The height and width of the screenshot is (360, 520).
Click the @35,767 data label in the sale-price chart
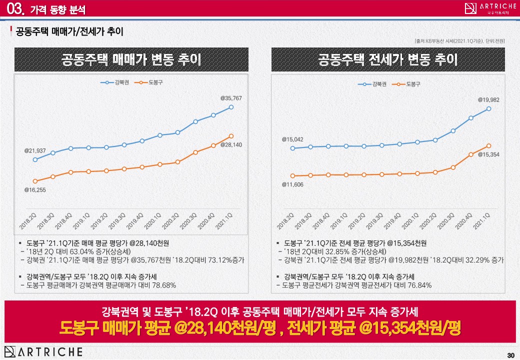coord(231,98)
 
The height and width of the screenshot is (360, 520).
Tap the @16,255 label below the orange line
coord(35,190)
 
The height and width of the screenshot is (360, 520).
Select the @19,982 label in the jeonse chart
coord(488,100)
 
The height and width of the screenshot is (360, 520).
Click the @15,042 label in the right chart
coord(292,139)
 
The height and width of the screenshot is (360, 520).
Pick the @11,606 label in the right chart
coord(292,184)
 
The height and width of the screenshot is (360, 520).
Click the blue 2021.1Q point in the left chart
coord(231,107)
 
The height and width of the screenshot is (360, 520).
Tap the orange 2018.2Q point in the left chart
coord(35,181)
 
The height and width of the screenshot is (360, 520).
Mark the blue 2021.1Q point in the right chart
coord(488,108)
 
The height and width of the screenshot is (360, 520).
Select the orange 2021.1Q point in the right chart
coord(488,145)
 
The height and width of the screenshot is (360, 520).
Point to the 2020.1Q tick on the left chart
coord(156,220)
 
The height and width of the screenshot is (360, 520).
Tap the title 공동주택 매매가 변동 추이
coord(131,60)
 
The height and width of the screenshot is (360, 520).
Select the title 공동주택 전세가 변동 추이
coord(388,60)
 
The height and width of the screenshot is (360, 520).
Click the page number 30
coord(510,355)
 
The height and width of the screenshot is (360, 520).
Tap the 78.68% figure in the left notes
coord(162,285)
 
